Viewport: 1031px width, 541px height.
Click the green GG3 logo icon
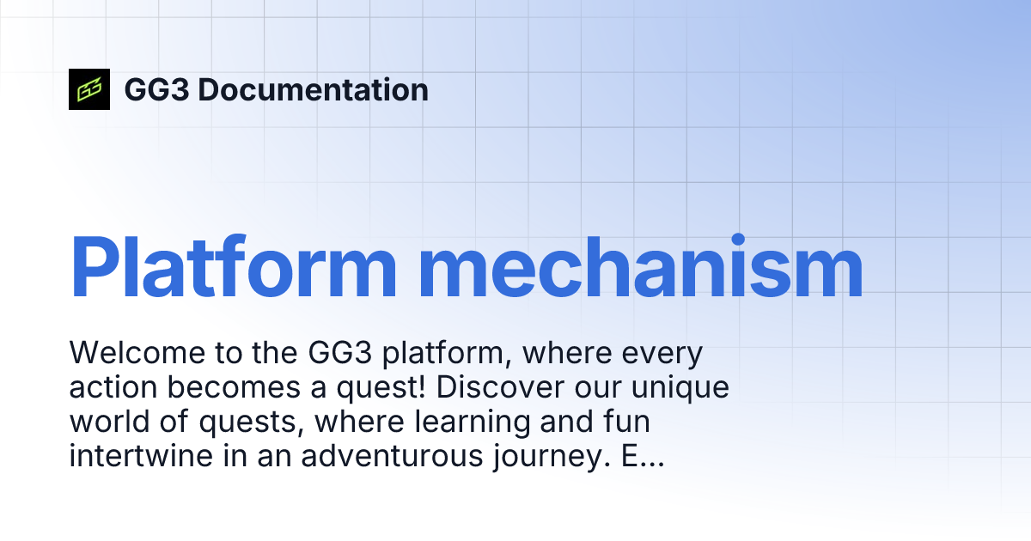point(89,89)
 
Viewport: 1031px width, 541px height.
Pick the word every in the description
point(661,353)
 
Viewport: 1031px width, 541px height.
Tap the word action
point(113,388)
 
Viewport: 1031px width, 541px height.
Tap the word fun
point(626,422)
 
